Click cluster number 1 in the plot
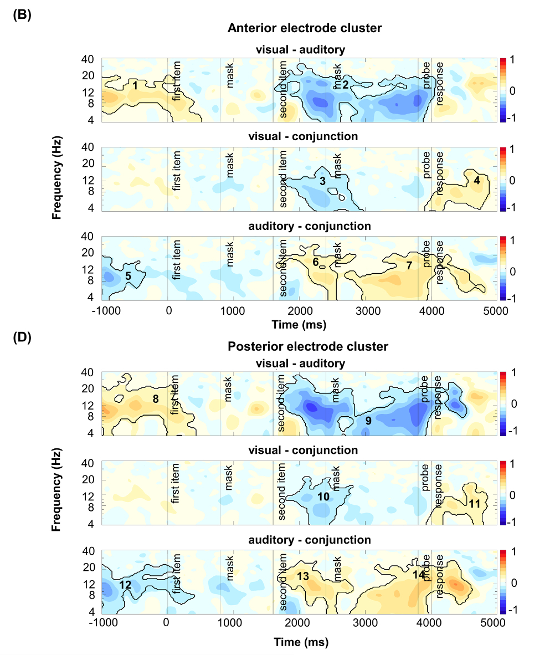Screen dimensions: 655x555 (135, 86)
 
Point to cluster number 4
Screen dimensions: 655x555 (476, 180)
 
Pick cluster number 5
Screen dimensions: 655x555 (128, 276)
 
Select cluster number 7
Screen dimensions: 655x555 (409, 266)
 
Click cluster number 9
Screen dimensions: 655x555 (368, 421)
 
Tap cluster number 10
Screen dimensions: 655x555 (323, 497)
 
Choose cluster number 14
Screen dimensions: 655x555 (419, 575)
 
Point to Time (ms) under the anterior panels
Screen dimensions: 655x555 (301, 324)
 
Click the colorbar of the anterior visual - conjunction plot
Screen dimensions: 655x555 (503, 180)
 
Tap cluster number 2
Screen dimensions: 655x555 (345, 85)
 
